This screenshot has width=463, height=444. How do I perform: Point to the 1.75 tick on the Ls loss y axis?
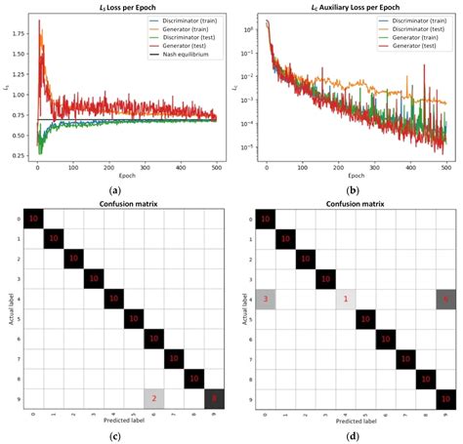click(19, 31)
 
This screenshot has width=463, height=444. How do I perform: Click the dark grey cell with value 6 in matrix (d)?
click(445, 297)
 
